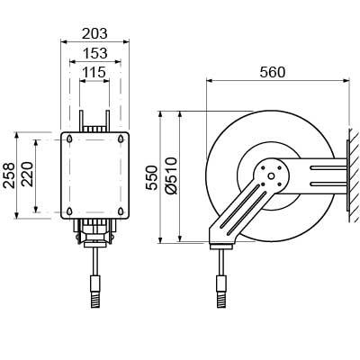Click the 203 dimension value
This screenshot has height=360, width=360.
(x=94, y=33)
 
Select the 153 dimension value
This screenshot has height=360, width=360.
(x=94, y=53)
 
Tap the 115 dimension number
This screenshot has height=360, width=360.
(x=94, y=72)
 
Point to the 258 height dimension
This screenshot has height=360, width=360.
(x=9, y=175)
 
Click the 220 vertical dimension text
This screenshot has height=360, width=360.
(x=28, y=175)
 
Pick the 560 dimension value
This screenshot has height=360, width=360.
(x=273, y=72)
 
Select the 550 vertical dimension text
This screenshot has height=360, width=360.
(x=152, y=177)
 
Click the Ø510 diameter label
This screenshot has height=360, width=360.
(x=171, y=175)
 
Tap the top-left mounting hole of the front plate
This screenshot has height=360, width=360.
(x=69, y=139)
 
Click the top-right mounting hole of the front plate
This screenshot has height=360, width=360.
(x=121, y=139)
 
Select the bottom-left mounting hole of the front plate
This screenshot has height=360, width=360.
(x=69, y=211)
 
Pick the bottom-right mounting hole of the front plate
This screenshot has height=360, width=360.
(x=121, y=211)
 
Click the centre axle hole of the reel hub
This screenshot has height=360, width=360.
(x=271, y=176)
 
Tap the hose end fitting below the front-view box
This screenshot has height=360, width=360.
(x=95, y=292)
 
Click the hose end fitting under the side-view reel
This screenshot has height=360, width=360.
(x=222, y=292)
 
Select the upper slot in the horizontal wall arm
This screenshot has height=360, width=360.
(x=328, y=168)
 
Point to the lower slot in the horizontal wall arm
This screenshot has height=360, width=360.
(x=328, y=184)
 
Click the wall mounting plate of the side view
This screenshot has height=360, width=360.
(x=347, y=175)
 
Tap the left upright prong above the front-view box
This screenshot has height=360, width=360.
(x=81, y=121)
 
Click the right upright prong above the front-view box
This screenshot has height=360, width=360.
(x=107, y=121)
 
